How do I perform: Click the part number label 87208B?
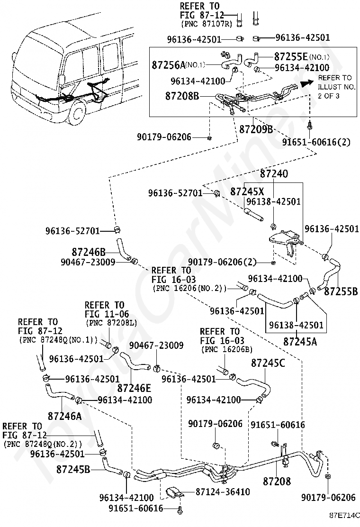[182, 96]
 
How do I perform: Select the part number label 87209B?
[256, 128]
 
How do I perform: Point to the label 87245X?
[247, 191]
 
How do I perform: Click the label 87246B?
[89, 251]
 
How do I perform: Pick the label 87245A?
[300, 340]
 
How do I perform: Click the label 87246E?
[134, 388]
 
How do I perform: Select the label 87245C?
[268, 363]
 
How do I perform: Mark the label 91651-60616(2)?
[310, 142]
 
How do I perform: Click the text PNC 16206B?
[227, 349]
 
